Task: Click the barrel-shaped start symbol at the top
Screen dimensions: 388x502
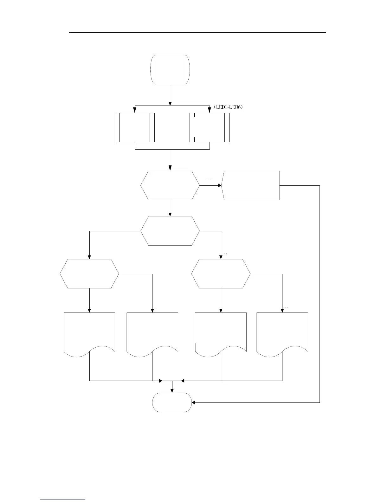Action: [x=170, y=69]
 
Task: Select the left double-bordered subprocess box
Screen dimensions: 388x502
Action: [x=134, y=127]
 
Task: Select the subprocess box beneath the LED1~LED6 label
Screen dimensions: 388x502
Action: [x=209, y=127]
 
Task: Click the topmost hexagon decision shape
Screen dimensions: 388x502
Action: [x=170, y=185]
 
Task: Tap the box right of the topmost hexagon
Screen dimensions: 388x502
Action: [x=250, y=185]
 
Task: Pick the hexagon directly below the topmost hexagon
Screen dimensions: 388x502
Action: [x=170, y=231]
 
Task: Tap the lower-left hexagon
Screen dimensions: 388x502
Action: [x=89, y=274]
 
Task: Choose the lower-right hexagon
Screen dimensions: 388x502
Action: [x=221, y=274]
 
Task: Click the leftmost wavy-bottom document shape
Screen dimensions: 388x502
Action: [x=89, y=333]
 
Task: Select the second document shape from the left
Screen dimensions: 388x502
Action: [x=152, y=333]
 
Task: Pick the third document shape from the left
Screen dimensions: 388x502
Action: [x=221, y=333]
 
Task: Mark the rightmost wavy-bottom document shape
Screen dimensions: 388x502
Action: [x=282, y=333]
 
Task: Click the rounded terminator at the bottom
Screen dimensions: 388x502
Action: [x=172, y=402]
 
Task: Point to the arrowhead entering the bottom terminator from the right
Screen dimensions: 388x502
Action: [x=194, y=402]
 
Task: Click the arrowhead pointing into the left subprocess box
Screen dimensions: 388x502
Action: [x=135, y=111]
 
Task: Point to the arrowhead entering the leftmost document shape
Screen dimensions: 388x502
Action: [x=90, y=311]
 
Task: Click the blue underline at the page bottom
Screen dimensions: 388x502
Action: [x=63, y=499]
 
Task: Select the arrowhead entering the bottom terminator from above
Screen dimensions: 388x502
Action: [x=172, y=390]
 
